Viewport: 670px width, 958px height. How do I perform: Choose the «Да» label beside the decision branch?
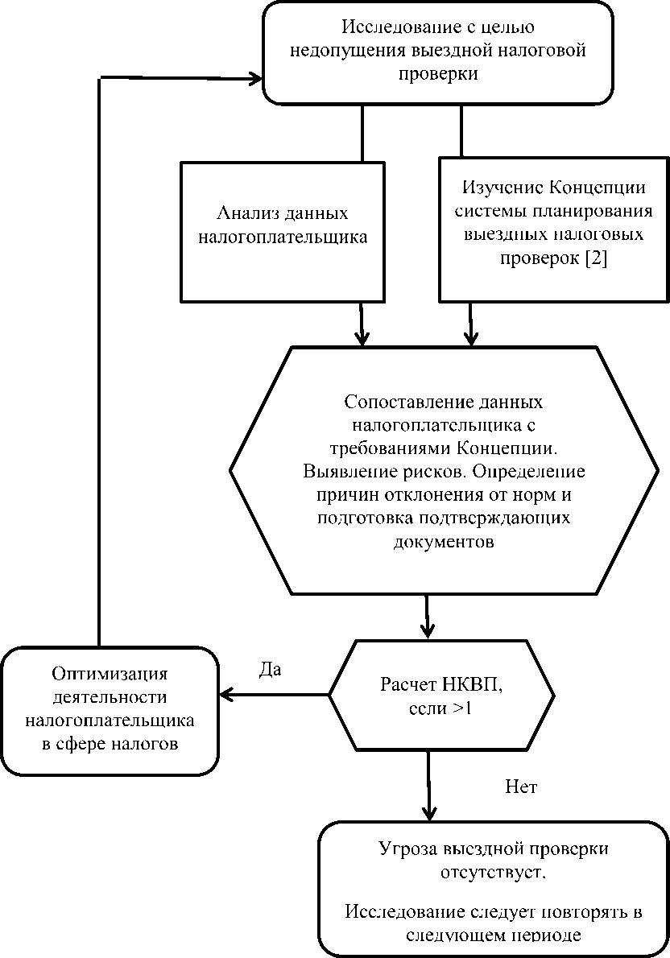(x=270, y=670)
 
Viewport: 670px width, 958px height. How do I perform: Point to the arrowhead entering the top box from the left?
(x=256, y=78)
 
